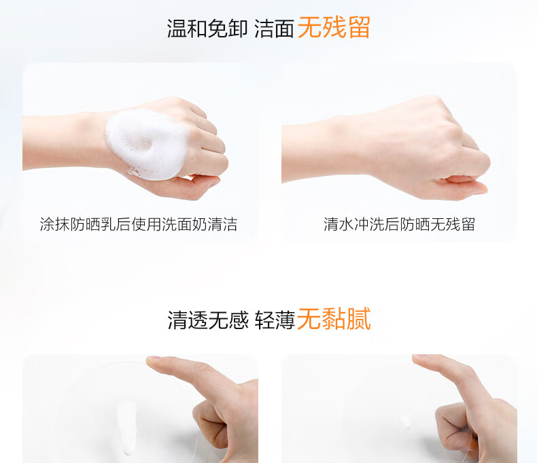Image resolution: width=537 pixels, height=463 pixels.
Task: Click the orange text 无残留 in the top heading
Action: click(334, 27)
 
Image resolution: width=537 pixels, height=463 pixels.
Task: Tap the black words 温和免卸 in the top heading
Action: click(207, 28)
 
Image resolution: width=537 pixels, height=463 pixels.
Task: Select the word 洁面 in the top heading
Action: click(274, 28)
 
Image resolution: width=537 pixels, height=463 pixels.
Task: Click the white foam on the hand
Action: click(148, 145)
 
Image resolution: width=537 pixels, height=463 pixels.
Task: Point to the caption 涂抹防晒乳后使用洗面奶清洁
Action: click(139, 224)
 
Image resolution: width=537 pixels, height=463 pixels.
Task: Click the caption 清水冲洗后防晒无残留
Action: click(399, 224)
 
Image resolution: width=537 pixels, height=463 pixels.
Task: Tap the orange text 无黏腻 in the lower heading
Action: click(334, 319)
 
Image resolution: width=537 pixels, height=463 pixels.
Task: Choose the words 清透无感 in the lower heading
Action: click(207, 320)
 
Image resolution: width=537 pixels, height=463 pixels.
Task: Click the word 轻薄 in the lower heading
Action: click(275, 320)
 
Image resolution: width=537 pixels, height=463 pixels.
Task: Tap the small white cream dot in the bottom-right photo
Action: click(407, 422)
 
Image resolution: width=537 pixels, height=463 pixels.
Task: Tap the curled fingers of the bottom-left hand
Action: click(211, 425)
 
